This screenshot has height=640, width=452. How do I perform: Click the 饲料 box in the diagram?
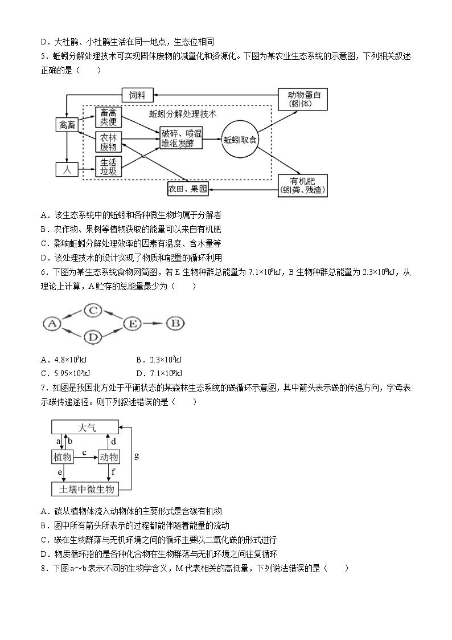tap(137, 95)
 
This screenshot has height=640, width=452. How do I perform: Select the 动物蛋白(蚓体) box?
tap(304, 99)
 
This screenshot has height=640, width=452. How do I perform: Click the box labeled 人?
tap(66, 169)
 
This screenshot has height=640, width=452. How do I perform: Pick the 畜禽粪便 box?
tap(108, 117)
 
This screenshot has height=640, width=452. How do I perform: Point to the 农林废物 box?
tap(108, 142)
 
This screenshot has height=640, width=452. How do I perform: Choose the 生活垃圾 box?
tap(108, 167)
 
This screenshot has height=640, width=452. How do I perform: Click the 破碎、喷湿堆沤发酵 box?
tap(181, 138)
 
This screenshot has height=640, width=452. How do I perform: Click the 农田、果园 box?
tap(188, 187)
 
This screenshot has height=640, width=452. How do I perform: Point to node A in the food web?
tap(52, 324)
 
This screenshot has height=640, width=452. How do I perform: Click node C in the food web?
tap(94, 311)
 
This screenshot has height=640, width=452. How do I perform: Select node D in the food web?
tap(94, 337)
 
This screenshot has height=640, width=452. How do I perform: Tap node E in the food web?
tap(133, 324)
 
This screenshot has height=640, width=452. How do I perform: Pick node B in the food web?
tap(175, 324)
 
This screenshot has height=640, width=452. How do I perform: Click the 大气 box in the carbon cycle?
tap(85, 427)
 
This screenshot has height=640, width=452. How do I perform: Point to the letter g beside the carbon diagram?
tap(136, 456)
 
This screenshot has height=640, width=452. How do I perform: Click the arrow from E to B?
tap(154, 324)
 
